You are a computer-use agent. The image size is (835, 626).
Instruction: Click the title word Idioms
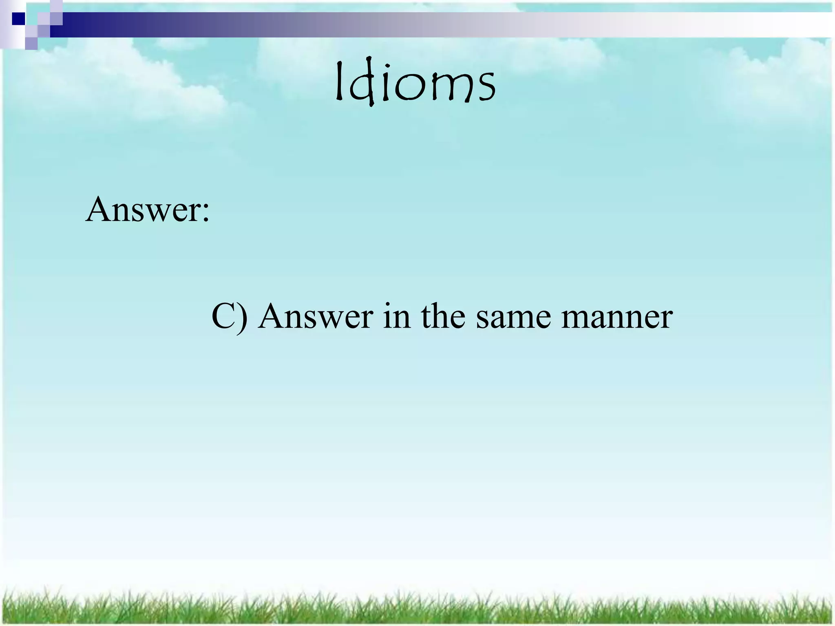pos(415,84)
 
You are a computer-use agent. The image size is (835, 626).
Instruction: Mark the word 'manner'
pos(616,320)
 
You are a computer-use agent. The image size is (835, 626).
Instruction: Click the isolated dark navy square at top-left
pos(18,18)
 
